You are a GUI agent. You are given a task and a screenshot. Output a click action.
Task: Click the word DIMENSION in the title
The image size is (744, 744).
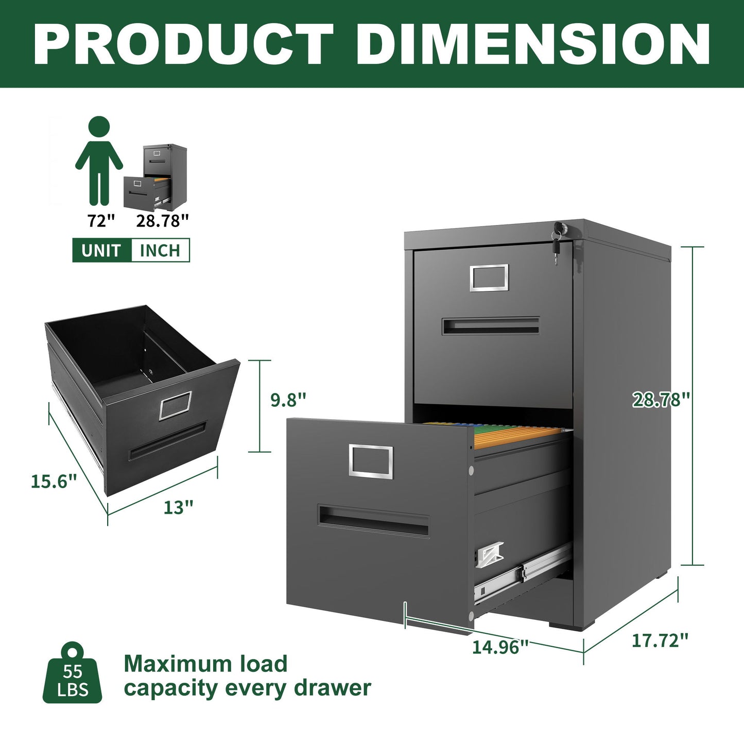tap(533, 44)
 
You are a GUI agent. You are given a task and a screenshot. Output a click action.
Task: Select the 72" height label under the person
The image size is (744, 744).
tap(101, 221)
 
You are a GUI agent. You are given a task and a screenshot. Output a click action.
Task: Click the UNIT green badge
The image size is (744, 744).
tap(101, 250)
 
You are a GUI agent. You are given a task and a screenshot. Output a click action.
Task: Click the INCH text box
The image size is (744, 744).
tap(160, 250)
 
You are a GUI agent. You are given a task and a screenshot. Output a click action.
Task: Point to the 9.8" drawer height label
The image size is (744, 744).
tap(288, 400)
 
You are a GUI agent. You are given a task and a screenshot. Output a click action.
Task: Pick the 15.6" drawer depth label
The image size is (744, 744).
tap(54, 481)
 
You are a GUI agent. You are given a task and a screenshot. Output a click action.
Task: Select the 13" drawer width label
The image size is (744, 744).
tap(178, 507)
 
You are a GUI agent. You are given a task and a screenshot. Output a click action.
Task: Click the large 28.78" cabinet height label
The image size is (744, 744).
tap(661, 399)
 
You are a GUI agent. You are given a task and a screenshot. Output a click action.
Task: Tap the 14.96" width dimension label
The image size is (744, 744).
tap(500, 647)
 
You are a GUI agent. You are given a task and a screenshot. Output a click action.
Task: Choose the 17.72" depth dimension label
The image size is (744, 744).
tap(660, 641)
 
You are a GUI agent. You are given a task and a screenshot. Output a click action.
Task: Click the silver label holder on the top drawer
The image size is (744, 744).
tap(489, 278)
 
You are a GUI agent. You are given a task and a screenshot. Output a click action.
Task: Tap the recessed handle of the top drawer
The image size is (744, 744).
tap(490, 326)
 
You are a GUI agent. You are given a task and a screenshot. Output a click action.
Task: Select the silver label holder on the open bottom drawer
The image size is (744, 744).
tap(371, 461)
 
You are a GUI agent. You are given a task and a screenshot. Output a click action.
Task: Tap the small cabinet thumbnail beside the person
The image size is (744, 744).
tap(155, 177)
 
